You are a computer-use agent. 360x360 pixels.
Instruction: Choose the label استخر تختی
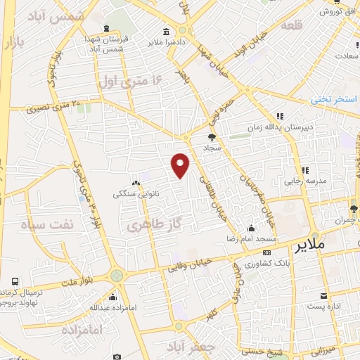[335, 99]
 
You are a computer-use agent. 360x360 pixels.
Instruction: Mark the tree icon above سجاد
[212, 138]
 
